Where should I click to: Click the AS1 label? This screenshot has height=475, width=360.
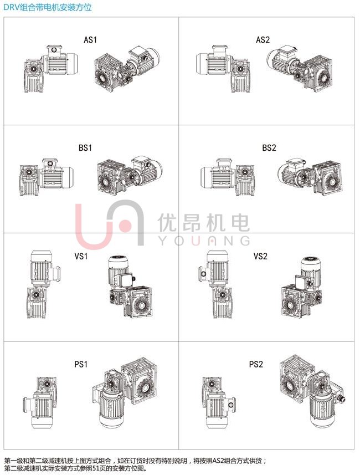90,40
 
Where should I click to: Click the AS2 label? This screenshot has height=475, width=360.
263,40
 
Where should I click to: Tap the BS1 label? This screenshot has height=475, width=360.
85,148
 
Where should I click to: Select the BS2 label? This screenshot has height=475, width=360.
269,148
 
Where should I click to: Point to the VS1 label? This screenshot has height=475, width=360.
81,256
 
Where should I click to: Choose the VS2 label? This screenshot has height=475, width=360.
260,256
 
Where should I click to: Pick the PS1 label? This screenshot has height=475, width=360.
81,364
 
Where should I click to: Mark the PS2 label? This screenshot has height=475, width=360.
256,364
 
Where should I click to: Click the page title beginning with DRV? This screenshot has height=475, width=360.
48,7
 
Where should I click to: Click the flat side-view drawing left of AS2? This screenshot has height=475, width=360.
223,69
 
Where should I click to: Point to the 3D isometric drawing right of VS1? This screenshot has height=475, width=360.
130,287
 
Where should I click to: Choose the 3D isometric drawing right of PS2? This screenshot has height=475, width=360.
312,391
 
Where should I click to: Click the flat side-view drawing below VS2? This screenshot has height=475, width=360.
215,284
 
